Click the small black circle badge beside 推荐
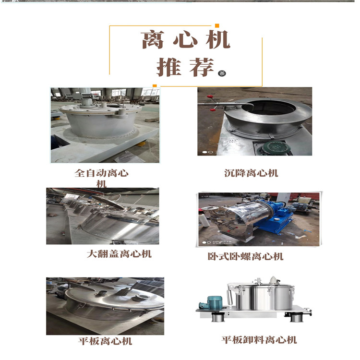coord(221,73)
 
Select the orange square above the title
coord(217,25)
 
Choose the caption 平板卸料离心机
coord(259,340)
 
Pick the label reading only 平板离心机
coord(105,341)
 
